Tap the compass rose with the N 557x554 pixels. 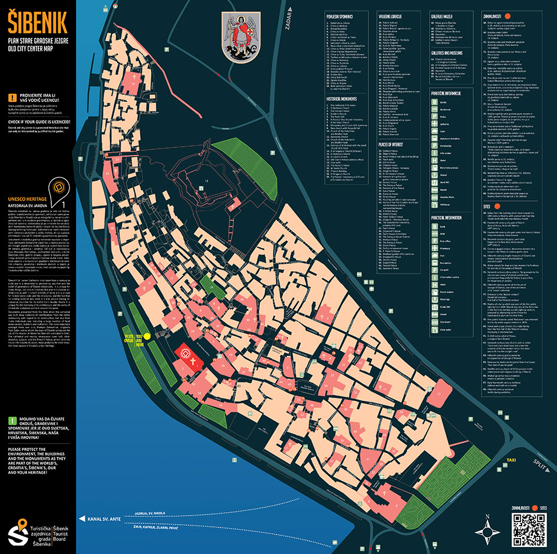coord(487,529)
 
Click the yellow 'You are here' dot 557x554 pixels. coord(147,336)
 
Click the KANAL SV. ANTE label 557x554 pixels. coord(104,519)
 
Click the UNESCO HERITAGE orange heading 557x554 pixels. coord(28,200)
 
